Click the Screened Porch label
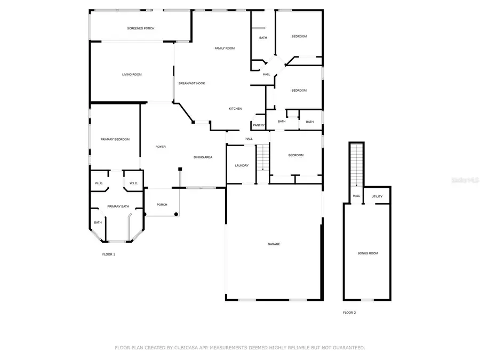[x=140, y=28]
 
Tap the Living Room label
[x=132, y=75]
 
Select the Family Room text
[x=225, y=49]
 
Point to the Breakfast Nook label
[x=191, y=83]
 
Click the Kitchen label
[x=235, y=109]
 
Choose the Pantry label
[x=259, y=125]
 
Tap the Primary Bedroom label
[x=115, y=139]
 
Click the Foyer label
[x=161, y=147]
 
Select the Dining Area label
[x=203, y=157]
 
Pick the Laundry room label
[x=242, y=165]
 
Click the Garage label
[x=274, y=244]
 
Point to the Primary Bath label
[x=118, y=206]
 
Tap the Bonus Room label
[x=367, y=253]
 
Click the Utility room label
[x=377, y=196]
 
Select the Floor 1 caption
[x=108, y=254]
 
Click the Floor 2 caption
[x=349, y=313]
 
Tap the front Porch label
[x=162, y=205]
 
